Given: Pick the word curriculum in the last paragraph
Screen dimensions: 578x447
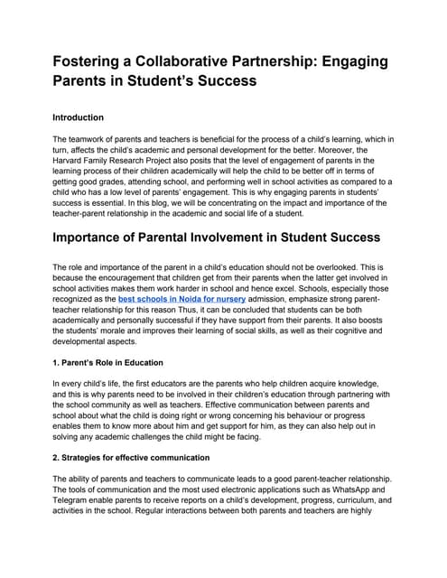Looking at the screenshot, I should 348,499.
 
